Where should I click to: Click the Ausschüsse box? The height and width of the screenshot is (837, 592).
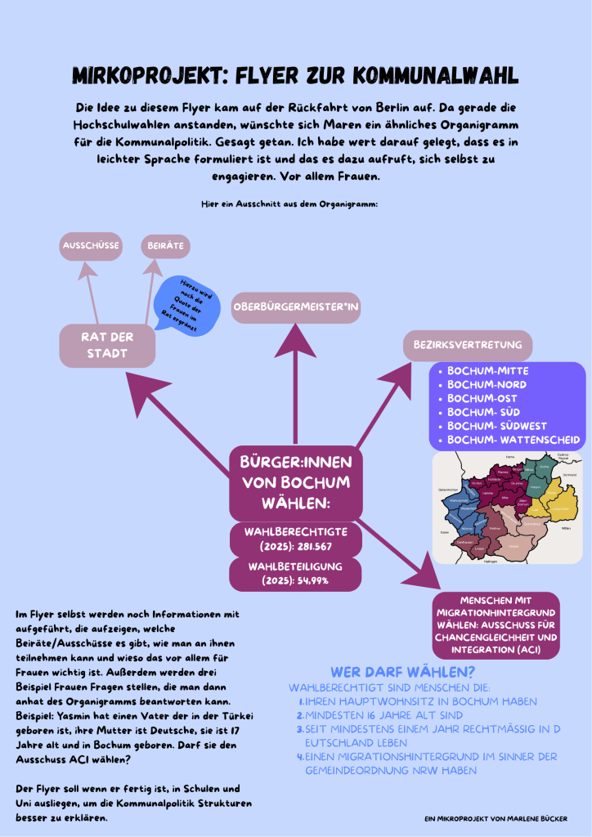coord(92,245)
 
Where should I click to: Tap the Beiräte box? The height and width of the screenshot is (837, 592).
coord(165,245)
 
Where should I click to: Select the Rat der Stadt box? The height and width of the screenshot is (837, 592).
coord(107,345)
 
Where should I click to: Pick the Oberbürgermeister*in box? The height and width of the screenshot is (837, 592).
coord(296,307)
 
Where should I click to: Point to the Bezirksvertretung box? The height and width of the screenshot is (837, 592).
coord(467,345)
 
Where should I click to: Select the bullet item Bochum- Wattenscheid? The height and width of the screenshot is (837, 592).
coord(514,440)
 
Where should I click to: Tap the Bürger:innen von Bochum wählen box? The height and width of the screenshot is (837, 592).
coord(294,482)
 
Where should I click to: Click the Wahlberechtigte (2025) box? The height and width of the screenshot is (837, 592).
coord(294,539)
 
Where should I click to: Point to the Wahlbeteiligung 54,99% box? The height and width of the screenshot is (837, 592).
coord(294,573)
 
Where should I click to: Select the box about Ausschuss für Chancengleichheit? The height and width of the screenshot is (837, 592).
coord(496,625)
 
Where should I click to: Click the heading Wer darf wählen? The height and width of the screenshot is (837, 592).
coord(403,673)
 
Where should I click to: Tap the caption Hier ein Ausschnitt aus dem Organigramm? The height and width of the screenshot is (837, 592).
coord(289,204)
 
